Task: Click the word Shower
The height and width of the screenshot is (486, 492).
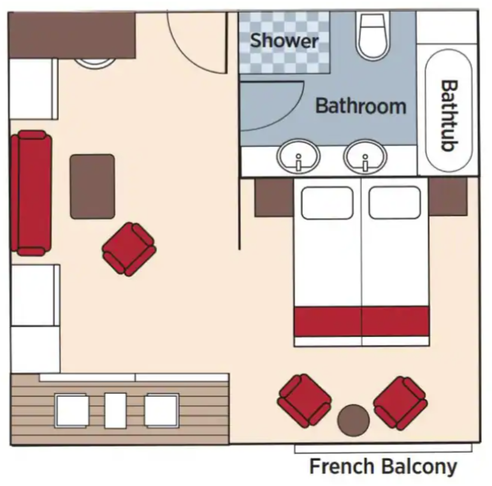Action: pyautogui.click(x=284, y=41)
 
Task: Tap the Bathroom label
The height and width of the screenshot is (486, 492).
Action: pyautogui.click(x=361, y=106)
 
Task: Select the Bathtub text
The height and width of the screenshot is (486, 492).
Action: pyautogui.click(x=449, y=116)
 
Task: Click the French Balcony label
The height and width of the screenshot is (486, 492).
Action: pyautogui.click(x=383, y=466)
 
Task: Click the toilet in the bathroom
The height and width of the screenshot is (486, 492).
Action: pyautogui.click(x=373, y=36)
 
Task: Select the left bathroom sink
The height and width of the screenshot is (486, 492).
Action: pyautogui.click(x=299, y=156)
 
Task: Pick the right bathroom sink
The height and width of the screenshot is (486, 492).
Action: pyautogui.click(x=365, y=156)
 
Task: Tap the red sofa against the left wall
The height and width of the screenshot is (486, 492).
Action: pyautogui.click(x=31, y=193)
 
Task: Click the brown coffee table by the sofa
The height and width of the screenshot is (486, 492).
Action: pyautogui.click(x=92, y=186)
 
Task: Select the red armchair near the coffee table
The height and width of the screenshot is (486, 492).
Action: pyautogui.click(x=129, y=249)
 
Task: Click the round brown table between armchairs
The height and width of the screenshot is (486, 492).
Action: pyautogui.click(x=354, y=420)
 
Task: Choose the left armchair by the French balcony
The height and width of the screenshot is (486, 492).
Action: pyautogui.click(x=304, y=401)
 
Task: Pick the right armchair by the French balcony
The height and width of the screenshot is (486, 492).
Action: pyautogui.click(x=400, y=403)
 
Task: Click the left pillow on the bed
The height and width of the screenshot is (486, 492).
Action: pyautogui.click(x=327, y=203)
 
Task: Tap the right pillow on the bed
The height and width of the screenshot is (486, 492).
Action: pyautogui.click(x=394, y=203)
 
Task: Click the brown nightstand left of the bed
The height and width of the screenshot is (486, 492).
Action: pyautogui.click(x=274, y=197)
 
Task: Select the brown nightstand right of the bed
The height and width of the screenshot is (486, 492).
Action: pyautogui.click(x=448, y=197)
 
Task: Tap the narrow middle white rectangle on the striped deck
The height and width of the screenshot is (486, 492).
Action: pyautogui.click(x=115, y=410)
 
